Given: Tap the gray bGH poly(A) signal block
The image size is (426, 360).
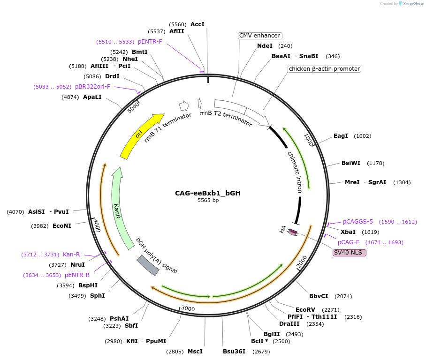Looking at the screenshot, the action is [148, 265].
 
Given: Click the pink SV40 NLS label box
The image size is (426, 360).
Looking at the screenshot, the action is [350, 253].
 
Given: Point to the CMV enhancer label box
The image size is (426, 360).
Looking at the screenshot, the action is [260, 36].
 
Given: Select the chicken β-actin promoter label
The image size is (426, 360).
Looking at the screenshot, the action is [324, 69].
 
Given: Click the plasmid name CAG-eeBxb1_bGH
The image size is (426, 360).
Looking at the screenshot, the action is [208, 193].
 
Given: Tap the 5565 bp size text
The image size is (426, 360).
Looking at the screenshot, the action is [208, 200].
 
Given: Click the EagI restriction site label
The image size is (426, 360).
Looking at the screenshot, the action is [341, 136].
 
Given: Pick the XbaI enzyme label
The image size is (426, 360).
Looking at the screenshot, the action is [348, 232].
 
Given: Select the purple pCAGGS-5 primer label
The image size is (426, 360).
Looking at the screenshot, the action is [358, 222].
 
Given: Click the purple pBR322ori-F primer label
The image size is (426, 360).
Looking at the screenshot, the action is [92, 87].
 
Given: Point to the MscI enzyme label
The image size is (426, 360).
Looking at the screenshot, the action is [195, 351].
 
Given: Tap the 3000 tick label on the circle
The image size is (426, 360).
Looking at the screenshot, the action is [188, 308].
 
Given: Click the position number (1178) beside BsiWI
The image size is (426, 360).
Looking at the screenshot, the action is [376, 163].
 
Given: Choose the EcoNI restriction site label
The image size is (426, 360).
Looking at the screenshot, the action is [62, 226].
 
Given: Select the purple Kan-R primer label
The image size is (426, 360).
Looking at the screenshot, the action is [71, 255].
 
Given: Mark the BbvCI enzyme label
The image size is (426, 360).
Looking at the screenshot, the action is [319, 296].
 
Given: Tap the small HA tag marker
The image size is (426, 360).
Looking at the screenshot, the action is [293, 232].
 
